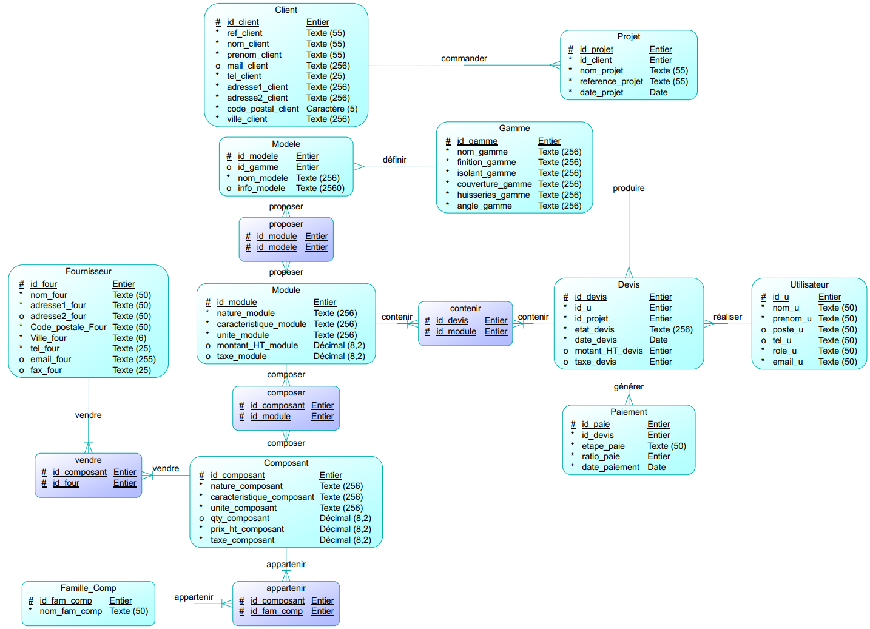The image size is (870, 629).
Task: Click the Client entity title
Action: point(286,10)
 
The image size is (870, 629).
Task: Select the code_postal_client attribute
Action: point(262,109)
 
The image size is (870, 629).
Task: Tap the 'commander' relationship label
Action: point(464,58)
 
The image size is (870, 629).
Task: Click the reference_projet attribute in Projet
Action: point(611,81)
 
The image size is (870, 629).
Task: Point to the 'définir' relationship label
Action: point(394,160)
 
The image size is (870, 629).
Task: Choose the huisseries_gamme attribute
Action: point(493,195)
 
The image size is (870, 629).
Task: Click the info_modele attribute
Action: point(261,188)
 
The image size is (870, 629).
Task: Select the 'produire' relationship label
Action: point(629,188)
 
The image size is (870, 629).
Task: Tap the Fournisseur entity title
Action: point(89,271)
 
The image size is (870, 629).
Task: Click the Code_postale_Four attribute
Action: point(68,327)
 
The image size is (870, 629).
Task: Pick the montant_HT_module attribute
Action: point(257,345)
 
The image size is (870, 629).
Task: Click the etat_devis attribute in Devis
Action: point(594,329)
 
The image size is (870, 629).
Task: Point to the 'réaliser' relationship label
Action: point(727,317)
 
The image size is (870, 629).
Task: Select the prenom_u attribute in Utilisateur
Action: point(792,318)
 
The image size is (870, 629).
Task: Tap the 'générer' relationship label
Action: point(629,386)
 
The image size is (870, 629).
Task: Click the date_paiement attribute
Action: point(610,467)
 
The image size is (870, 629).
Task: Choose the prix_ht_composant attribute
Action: point(247,529)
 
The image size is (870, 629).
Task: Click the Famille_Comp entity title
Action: point(88,588)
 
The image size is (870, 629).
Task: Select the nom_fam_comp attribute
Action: point(70,611)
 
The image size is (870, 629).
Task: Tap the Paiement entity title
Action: point(629,412)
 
